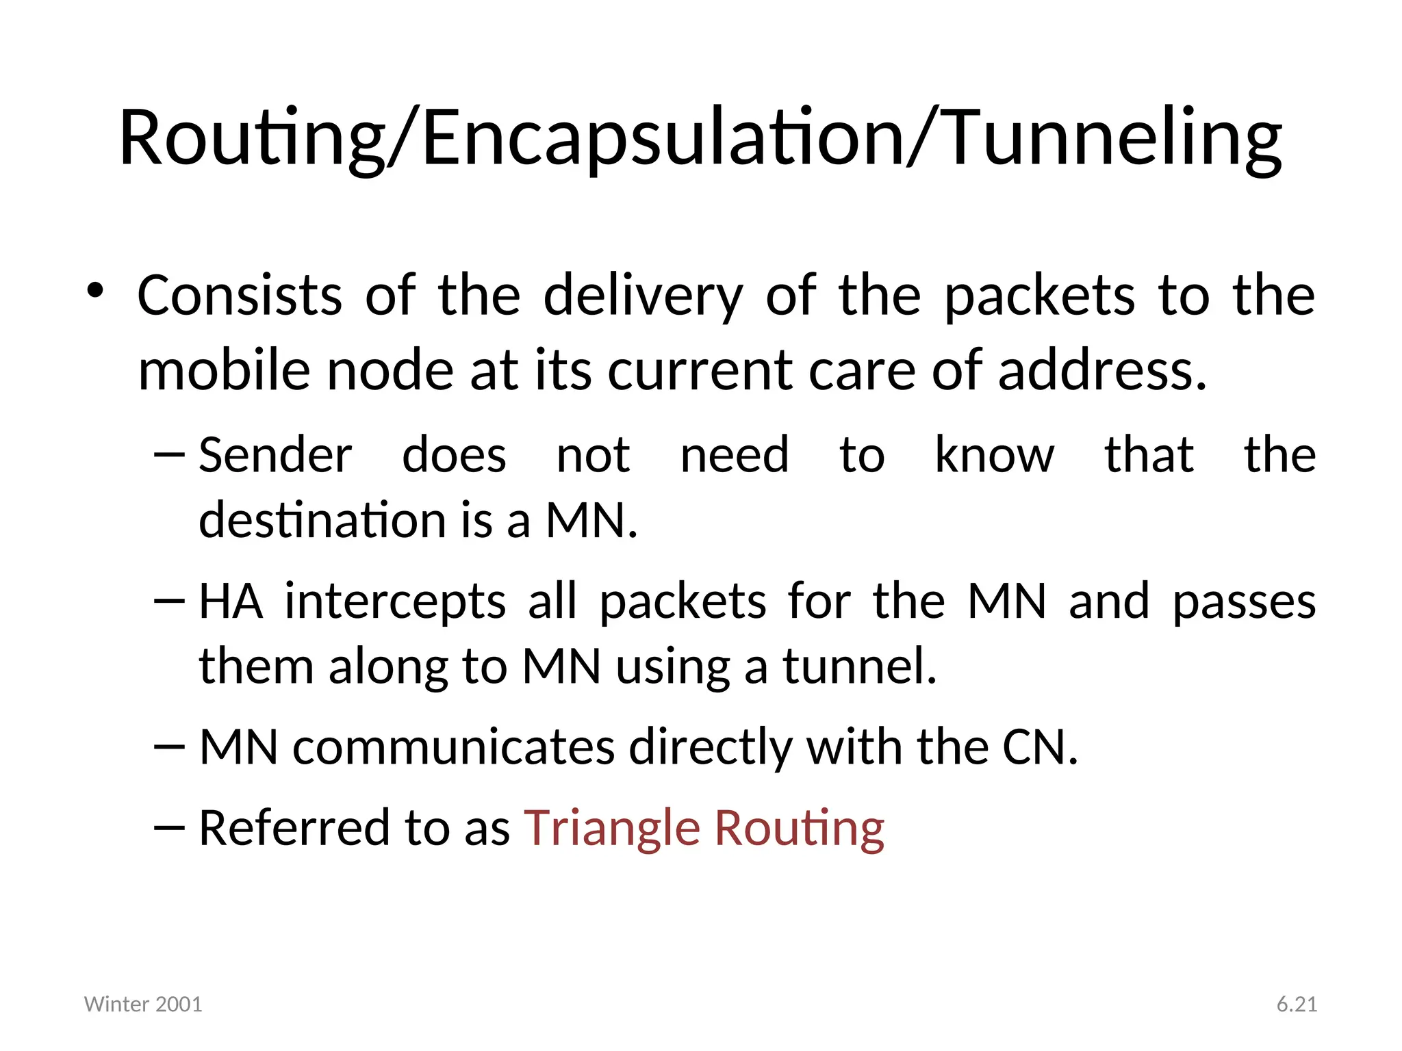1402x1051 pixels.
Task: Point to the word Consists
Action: point(240,296)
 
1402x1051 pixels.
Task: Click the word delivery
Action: point(643,296)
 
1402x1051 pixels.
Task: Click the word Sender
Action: point(275,455)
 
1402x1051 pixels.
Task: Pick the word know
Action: point(994,455)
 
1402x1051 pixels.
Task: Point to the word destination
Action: point(322,520)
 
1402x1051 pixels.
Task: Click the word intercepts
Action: point(395,602)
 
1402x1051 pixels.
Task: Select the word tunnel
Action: point(859,666)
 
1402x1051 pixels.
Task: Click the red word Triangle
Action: point(612,828)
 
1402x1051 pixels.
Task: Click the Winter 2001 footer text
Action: point(143,1004)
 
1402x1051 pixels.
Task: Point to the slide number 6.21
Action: point(1297,1004)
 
